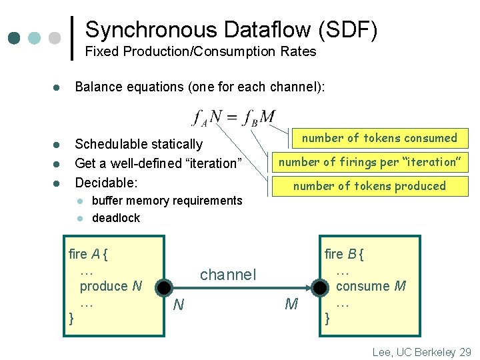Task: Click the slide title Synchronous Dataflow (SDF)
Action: pos(231,29)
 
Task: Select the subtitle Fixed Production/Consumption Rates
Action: pos(201,51)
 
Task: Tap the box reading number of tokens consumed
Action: pos(379,138)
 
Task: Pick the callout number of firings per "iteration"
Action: pos(369,162)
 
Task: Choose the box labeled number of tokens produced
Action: pos(369,186)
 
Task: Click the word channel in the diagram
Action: pos(228,274)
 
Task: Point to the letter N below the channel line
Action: pos(178,305)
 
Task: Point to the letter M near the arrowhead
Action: pos(291,305)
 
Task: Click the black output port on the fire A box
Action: pos(162,288)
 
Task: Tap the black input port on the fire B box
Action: pos(321,288)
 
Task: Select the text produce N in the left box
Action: pos(111,286)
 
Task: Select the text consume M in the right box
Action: pos(371,286)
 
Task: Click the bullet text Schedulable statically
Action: pos(139,144)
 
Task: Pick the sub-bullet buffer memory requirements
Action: pos(167,201)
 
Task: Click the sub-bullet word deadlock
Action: pos(116,218)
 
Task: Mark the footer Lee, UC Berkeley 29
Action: pos(421,351)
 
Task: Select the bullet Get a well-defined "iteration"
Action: pos(157,163)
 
